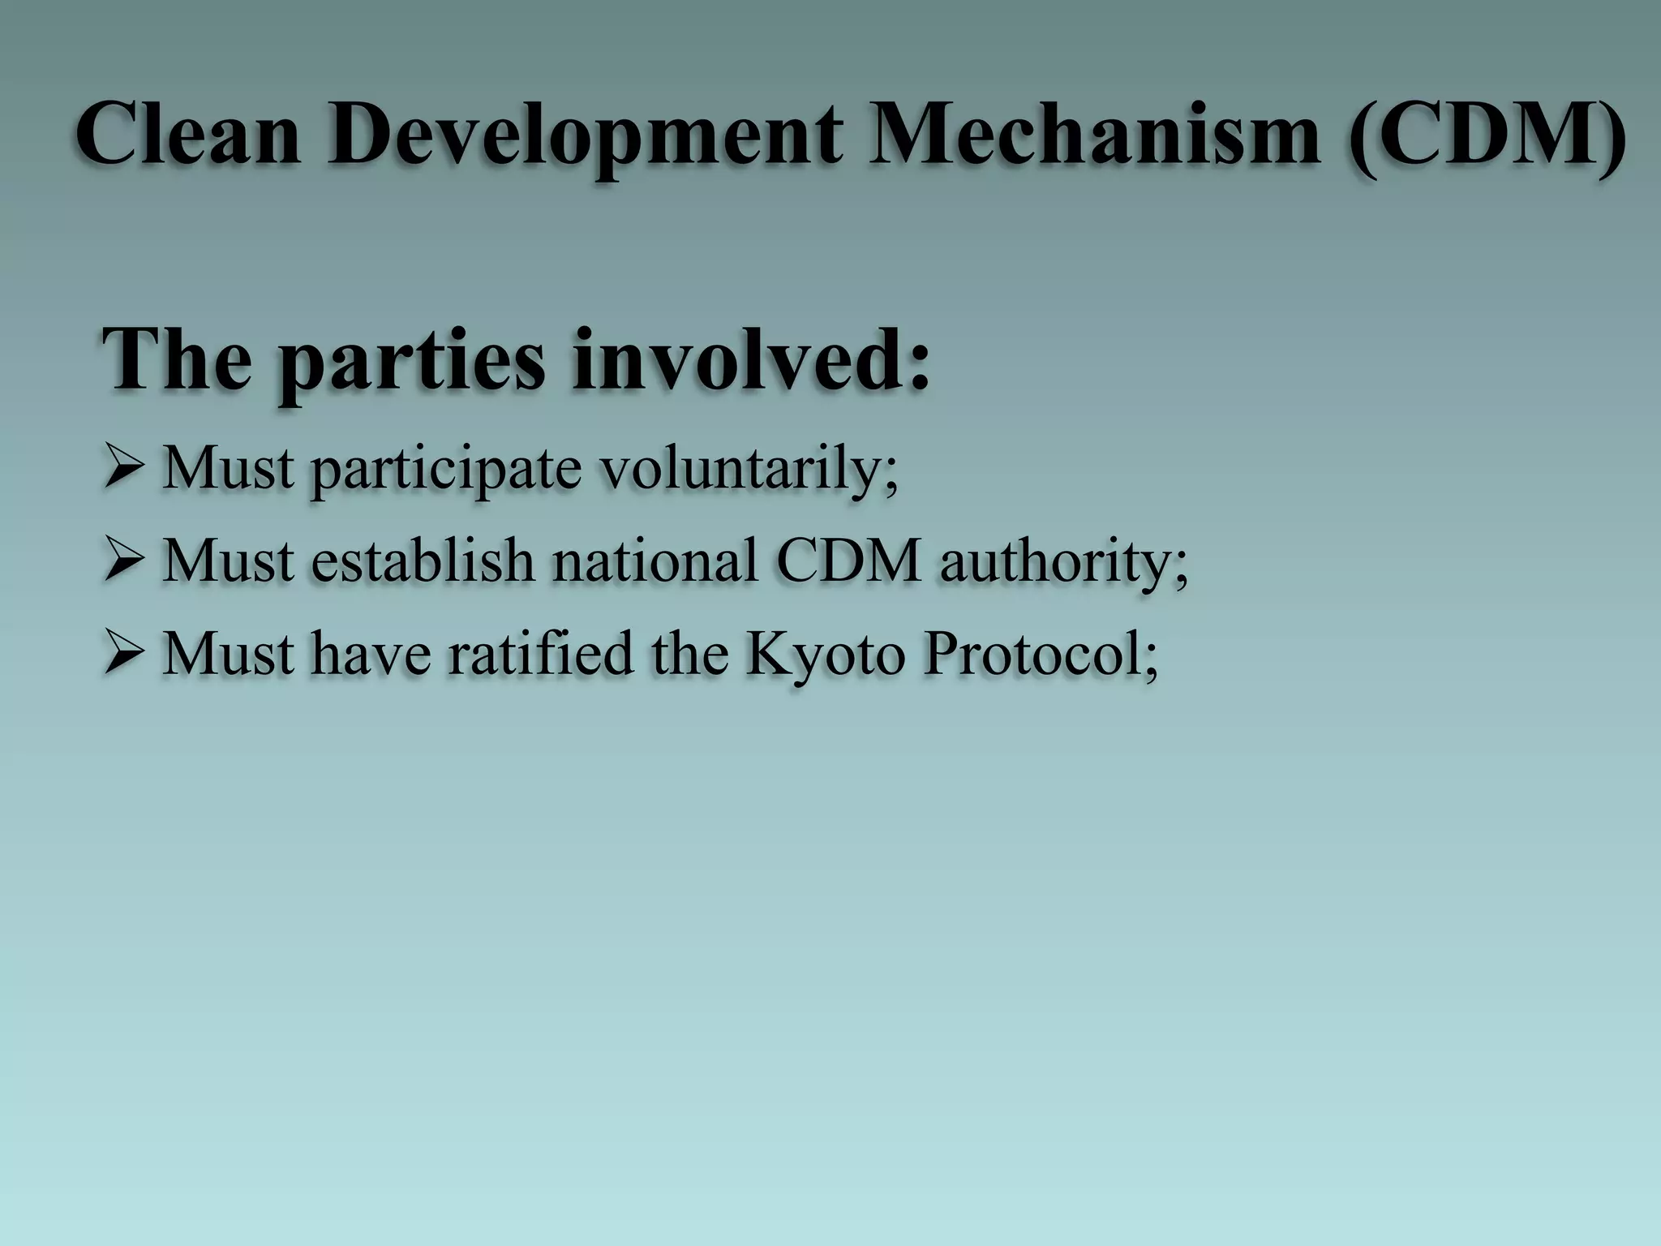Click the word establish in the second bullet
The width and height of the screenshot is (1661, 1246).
(423, 561)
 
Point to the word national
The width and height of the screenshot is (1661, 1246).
(655, 561)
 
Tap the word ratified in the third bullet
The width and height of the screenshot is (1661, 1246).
(540, 654)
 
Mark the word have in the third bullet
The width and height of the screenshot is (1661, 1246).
(370, 654)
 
